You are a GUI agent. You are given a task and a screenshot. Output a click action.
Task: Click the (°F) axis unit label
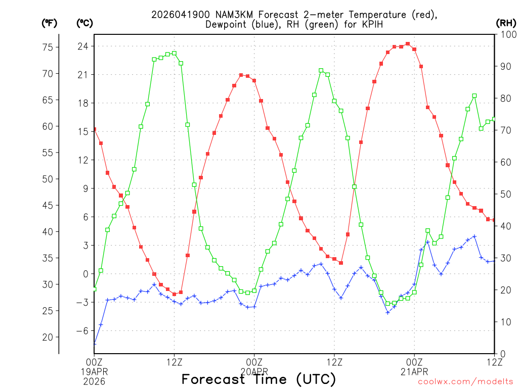coord(50,23)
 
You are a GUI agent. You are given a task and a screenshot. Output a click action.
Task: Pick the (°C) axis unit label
coord(84,23)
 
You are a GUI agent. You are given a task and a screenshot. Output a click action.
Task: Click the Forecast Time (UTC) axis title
coord(258,379)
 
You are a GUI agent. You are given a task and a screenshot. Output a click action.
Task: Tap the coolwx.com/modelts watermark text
coord(465,381)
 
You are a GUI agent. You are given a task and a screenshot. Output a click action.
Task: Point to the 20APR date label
coord(254,371)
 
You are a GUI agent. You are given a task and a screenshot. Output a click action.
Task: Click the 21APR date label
coord(414,371)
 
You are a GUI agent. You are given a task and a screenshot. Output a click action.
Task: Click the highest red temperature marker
coord(408,44)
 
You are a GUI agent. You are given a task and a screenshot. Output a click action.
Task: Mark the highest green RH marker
coord(174,53)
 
